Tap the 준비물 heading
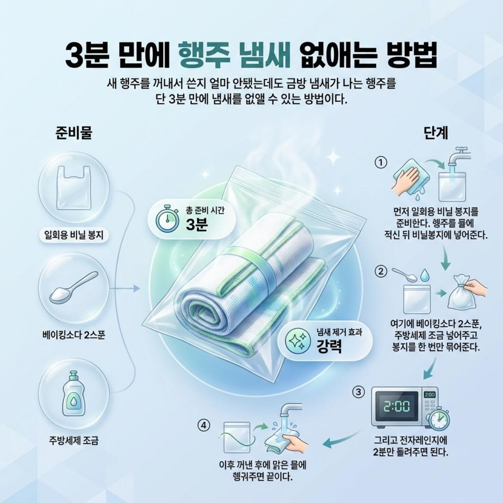pyautogui.click(x=74, y=133)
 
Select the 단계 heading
pyautogui.click(x=436, y=133)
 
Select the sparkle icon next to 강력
pyautogui.click(x=296, y=340)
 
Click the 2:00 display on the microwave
pyautogui.click(x=397, y=406)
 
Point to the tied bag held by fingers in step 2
pyautogui.click(x=461, y=293)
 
